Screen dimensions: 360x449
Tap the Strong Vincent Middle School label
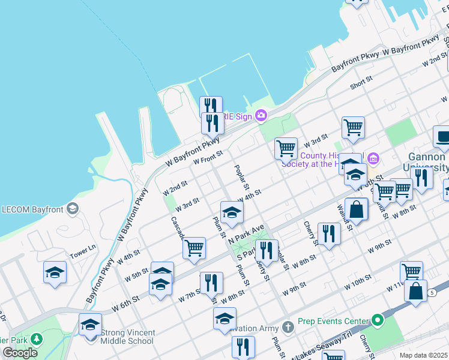[x=128, y=337]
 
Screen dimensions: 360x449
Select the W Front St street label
[x=208, y=158]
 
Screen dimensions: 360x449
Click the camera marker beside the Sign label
[x=261, y=115]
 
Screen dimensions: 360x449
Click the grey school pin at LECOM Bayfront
[x=73, y=209]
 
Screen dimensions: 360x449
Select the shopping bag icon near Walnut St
[x=357, y=211]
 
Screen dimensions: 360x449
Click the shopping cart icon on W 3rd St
[x=286, y=148]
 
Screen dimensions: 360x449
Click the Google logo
[x=20, y=353]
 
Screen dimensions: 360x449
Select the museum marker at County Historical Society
[x=373, y=159]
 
